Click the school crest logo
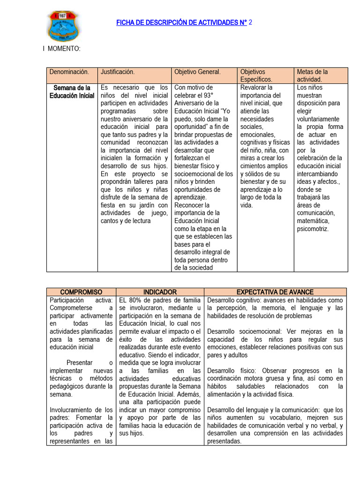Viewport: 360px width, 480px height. click(x=64, y=26)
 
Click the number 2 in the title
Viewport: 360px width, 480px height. click(x=250, y=22)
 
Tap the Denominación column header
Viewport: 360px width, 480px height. click(x=69, y=72)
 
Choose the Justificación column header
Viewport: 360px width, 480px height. click(x=118, y=72)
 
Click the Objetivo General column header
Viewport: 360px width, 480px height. click(x=197, y=72)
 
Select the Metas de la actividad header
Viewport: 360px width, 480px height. click(x=312, y=75)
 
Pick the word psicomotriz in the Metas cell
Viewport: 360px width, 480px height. click(x=313, y=229)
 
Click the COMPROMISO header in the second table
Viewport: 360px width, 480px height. click(x=81, y=292)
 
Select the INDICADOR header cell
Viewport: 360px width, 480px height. click(x=160, y=292)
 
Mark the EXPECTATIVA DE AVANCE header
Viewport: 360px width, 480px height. click(x=275, y=292)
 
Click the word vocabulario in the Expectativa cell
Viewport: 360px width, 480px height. click(x=268, y=418)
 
